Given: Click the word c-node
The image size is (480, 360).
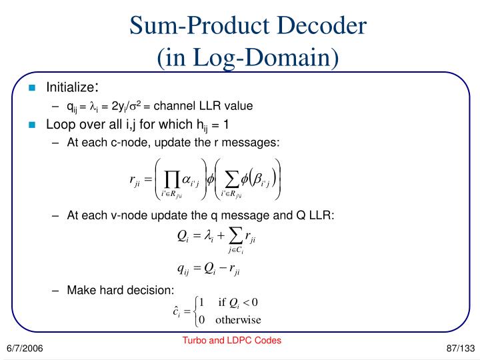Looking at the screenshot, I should (x=128, y=142).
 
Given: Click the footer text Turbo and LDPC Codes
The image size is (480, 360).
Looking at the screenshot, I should (x=232, y=340).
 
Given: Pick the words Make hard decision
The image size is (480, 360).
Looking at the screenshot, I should (x=121, y=289).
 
